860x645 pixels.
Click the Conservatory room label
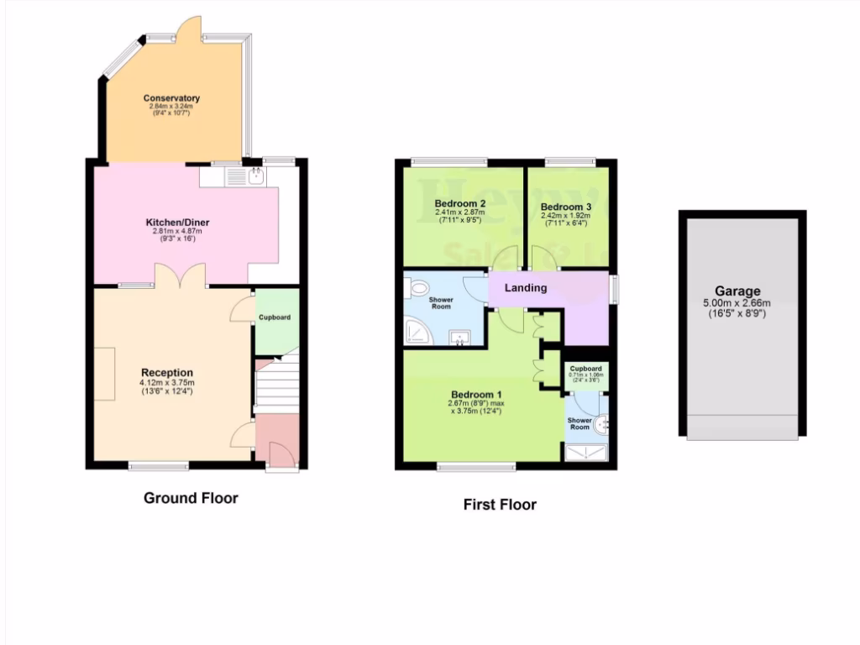pos(170,98)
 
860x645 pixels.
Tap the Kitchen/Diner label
pos(176,223)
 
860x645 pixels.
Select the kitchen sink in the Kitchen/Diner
pos(254,176)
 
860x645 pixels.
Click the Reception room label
pos(166,372)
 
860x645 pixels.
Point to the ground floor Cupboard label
pos(275,317)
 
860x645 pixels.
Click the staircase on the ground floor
pos(276,386)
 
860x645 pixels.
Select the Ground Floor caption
pos(191,498)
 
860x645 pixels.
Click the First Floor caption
pos(500,505)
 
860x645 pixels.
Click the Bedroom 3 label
pos(566,207)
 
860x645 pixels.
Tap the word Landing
pos(526,288)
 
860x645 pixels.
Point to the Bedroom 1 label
pos(476,395)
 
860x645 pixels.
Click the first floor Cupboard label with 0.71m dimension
pos(585,369)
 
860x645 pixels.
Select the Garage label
pos(742,291)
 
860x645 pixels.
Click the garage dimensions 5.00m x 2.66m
pos(742,303)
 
